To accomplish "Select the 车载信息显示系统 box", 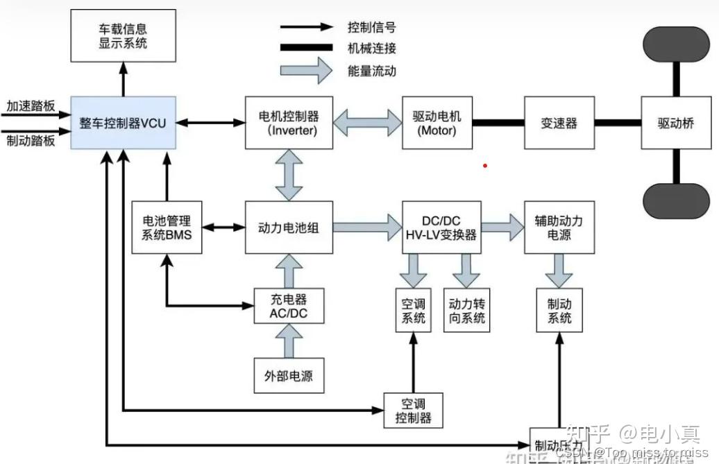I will [124, 36].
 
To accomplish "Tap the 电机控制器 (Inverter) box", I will [289, 122].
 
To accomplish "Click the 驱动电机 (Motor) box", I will [437, 122].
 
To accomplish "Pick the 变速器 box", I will [559, 123].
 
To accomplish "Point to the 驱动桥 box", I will [675, 123].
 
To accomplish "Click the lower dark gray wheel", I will [675, 201].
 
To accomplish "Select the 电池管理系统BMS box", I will [167, 227].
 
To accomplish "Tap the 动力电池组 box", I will [289, 227].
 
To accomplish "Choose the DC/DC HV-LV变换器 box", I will [441, 227].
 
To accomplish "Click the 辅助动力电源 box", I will [559, 227].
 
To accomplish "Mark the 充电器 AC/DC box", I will [289, 307].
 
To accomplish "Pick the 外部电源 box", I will [289, 376].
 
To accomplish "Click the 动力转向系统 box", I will [466, 311].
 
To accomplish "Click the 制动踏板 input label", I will [31, 139].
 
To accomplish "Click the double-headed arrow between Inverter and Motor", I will [368, 122].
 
